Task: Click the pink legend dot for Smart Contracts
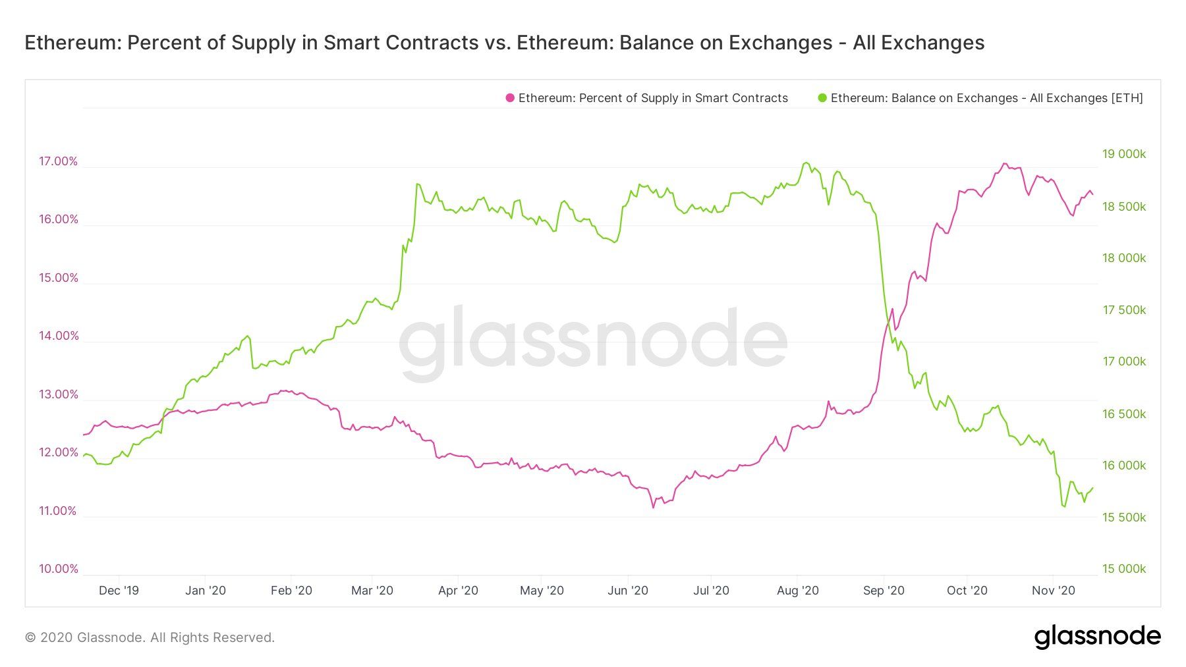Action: pyautogui.click(x=510, y=98)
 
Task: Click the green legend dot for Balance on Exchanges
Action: pyautogui.click(x=822, y=98)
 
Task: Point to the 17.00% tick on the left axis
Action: pyautogui.click(x=58, y=161)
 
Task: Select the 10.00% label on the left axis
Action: pyautogui.click(x=58, y=569)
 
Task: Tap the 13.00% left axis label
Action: pyautogui.click(x=58, y=394)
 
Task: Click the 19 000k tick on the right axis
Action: pyautogui.click(x=1124, y=154)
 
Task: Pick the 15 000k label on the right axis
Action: pyautogui.click(x=1124, y=569)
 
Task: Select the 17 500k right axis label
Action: pyautogui.click(x=1124, y=310)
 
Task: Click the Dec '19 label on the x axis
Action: pyautogui.click(x=119, y=591)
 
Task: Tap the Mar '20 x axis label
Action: pyautogui.click(x=372, y=591)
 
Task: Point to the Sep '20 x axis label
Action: pyautogui.click(x=884, y=591)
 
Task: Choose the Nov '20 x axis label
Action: pyautogui.click(x=1053, y=591)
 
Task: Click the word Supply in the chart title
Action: pyautogui.click(x=262, y=43)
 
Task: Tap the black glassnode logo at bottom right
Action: pyautogui.click(x=1097, y=637)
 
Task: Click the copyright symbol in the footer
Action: pyautogui.click(x=30, y=637)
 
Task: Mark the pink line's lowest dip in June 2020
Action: pyautogui.click(x=653, y=507)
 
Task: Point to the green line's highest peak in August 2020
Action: pyautogui.click(x=805, y=163)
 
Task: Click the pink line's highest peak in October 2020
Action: pyautogui.click(x=1004, y=164)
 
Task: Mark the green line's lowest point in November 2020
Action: pyautogui.click(x=1064, y=506)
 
